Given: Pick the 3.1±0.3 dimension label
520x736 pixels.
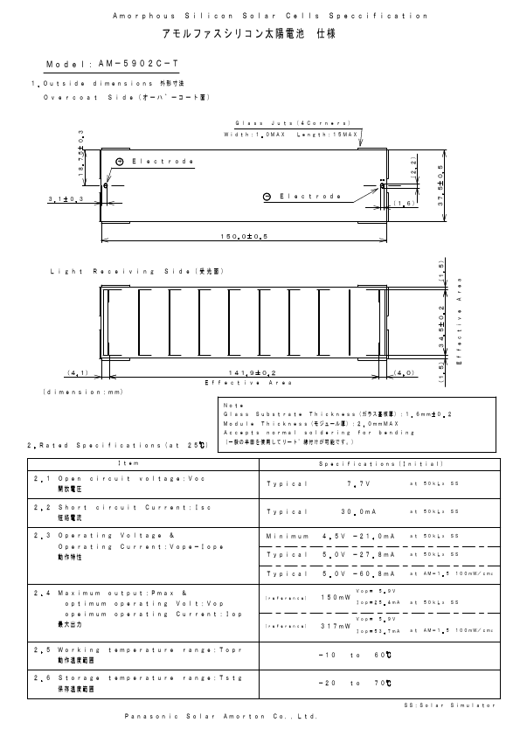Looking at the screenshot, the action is (65, 200).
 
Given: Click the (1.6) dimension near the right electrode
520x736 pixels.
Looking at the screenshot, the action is (402, 204).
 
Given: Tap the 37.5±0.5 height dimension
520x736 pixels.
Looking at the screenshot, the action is (440, 184).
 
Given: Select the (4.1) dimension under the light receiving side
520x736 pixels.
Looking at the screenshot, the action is (78, 373).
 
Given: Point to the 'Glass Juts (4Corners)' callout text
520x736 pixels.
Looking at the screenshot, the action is (293, 123).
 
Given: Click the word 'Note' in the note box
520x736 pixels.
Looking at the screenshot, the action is (232, 405).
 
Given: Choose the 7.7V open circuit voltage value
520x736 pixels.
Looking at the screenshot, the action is (359, 483).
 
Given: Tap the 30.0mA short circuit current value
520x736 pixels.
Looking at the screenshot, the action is (359, 511).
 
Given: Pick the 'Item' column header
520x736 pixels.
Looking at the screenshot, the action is (144, 462).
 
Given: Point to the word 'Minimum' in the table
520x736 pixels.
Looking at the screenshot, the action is (287, 535).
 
